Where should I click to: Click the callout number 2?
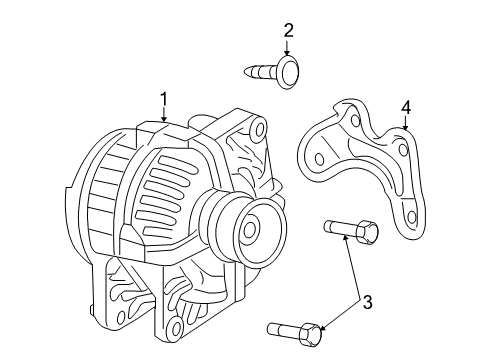(289, 30)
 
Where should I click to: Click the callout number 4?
(406, 106)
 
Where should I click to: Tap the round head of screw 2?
(287, 70)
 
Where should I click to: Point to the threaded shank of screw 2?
(261, 70)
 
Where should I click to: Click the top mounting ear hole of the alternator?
(259, 129)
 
